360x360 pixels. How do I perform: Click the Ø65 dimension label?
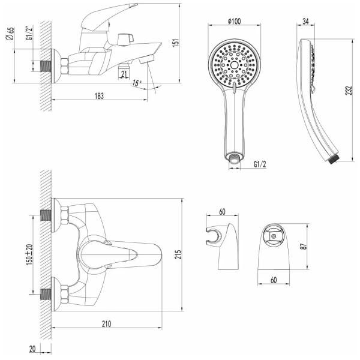10,34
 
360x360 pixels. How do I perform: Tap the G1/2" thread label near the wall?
29,33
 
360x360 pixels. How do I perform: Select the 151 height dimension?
175,43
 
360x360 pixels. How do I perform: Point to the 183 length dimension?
99,96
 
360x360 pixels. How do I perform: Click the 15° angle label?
137,83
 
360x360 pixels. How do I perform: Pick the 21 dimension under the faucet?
124,74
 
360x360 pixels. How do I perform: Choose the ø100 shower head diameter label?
234,21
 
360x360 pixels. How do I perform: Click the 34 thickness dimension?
305,21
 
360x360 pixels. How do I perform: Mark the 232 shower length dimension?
349,91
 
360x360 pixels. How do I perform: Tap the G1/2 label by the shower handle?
260,164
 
